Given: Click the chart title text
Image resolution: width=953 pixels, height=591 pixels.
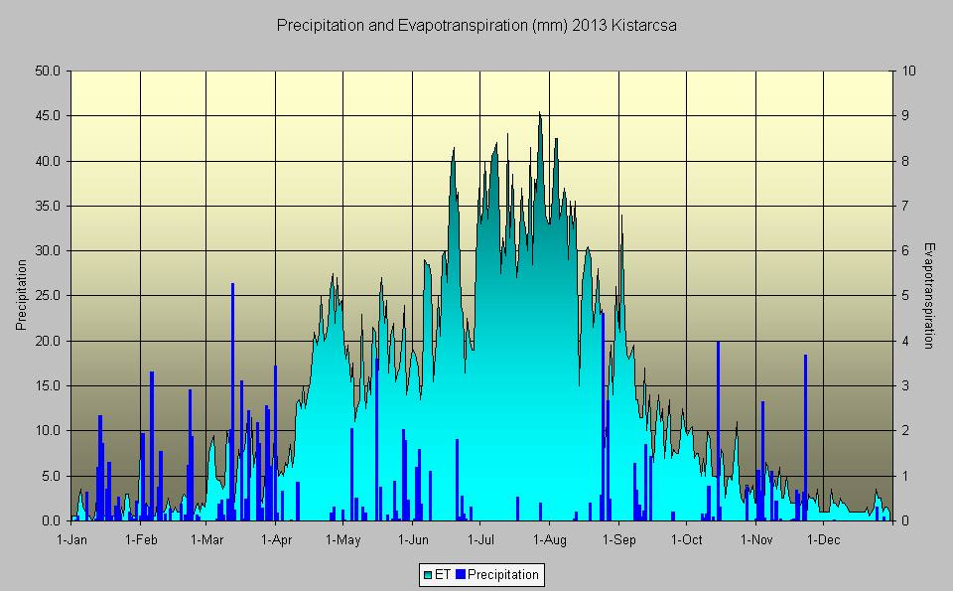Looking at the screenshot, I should click(476, 26).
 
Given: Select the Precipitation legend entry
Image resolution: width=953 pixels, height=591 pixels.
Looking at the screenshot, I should click(502, 574).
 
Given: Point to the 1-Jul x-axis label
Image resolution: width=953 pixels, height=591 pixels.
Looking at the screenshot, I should click(480, 540).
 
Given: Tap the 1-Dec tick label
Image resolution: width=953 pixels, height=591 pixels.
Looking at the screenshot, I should click(823, 540).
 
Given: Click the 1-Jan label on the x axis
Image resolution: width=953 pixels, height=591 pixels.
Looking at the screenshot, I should click(72, 540).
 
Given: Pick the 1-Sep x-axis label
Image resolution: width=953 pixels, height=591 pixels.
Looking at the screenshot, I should click(618, 540).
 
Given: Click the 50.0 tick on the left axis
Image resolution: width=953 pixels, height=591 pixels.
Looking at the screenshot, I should click(49, 72).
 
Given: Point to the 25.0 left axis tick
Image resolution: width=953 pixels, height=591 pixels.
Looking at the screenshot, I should click(49, 296).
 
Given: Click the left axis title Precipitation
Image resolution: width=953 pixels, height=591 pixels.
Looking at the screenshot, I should click(21, 295).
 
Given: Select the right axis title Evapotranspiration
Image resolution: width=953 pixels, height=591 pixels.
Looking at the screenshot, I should click(929, 295).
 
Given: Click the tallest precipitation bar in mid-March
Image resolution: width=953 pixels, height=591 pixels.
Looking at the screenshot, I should click(232, 397).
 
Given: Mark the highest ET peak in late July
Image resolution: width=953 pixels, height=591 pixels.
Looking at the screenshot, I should click(540, 115).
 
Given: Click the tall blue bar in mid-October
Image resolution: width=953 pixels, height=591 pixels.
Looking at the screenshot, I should click(718, 427).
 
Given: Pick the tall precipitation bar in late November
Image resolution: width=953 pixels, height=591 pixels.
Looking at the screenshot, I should click(805, 437).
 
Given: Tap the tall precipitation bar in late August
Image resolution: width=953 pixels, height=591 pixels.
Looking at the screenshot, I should click(603, 417).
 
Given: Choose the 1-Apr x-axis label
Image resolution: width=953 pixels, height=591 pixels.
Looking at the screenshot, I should click(276, 540).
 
